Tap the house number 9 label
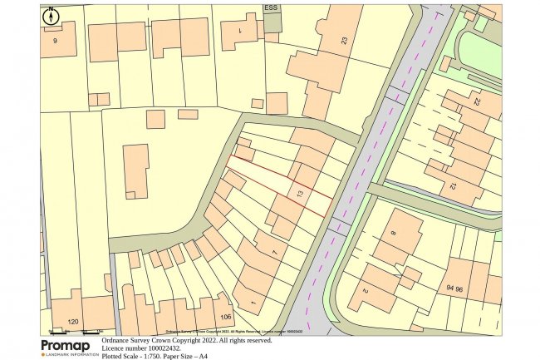[56, 41]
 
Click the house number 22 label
[477, 103]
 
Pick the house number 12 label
[453, 187]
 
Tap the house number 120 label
[73, 320]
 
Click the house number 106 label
[224, 317]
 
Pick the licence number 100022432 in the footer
[174, 348]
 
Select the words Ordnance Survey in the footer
[131, 340]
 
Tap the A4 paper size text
[202, 356]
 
